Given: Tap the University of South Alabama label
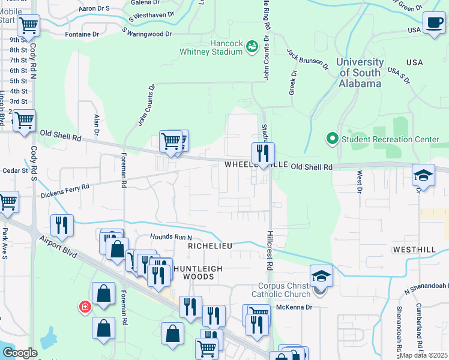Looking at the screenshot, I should (x=360, y=73).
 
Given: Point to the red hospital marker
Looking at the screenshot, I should (x=85, y=307).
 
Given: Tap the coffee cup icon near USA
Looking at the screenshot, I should (x=434, y=23).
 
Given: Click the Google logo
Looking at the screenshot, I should (x=20, y=353).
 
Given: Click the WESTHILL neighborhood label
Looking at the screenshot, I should (x=414, y=248).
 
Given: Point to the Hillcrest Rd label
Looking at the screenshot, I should (x=270, y=251).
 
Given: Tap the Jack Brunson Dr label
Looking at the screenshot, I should (x=307, y=59).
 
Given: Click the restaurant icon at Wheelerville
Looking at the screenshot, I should (x=263, y=154).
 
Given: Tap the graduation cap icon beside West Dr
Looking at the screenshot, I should (x=423, y=176).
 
